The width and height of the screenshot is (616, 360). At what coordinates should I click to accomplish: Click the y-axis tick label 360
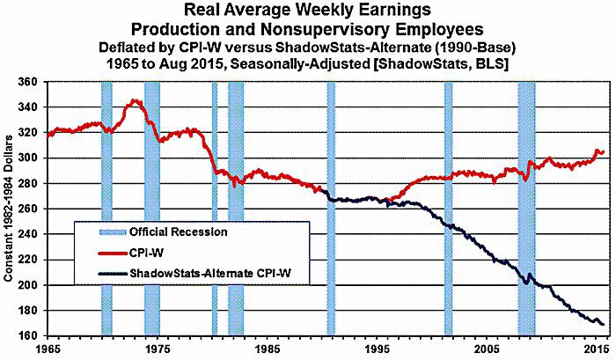[x=30, y=82]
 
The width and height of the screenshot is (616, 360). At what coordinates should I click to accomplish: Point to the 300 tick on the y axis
[x=30, y=158]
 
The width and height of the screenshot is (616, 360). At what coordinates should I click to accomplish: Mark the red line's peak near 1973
[x=134, y=100]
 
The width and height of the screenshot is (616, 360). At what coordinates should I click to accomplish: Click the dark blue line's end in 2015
[x=602, y=324]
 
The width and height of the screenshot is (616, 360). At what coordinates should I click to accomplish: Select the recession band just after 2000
[x=448, y=209]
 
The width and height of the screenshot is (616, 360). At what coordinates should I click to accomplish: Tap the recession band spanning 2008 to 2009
[x=526, y=209]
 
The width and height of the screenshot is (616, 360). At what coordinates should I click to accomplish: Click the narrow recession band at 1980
[x=214, y=209]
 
